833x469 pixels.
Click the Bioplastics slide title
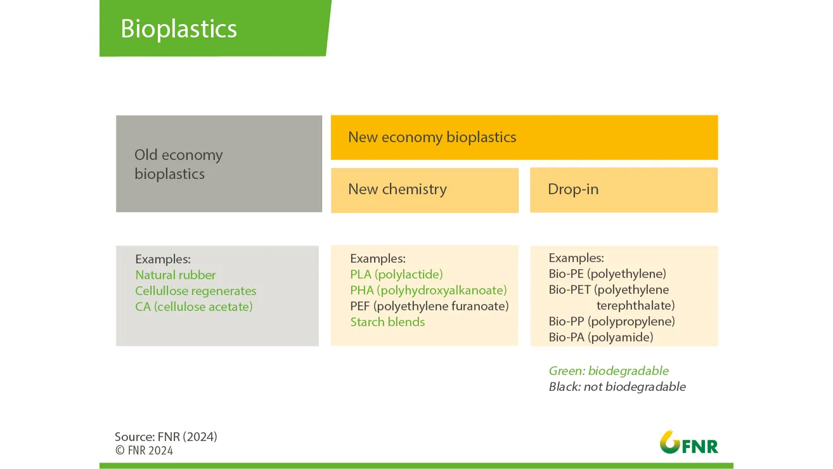pos(179,29)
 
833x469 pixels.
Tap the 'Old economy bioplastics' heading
pos(179,164)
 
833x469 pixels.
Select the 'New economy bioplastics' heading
pos(432,137)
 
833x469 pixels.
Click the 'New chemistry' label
pos(397,189)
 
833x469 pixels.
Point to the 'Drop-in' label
pos(573,189)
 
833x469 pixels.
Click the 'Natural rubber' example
pos(175,275)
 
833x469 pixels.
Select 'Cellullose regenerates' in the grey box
pos(196,291)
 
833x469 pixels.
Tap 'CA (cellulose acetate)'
pos(194,307)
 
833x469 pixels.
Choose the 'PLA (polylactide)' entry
pos(396,274)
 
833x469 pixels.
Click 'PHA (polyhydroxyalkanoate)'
pos(429,290)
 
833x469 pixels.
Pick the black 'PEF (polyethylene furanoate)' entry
pos(430,306)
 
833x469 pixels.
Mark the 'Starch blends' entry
pos(387,322)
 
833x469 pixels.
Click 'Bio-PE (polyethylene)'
pos(607,274)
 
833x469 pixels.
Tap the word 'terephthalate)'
pos(636,306)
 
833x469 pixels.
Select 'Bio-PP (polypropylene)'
pos(612,321)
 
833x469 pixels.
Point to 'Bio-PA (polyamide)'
pos(601,337)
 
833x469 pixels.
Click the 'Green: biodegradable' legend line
pos(609,371)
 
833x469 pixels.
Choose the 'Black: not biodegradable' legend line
pos(617,386)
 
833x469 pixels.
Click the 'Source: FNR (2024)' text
pos(166,437)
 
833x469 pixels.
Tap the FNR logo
pos(688,442)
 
